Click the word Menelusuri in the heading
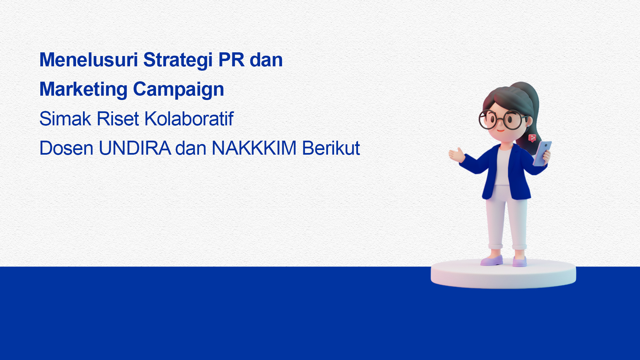[89, 60]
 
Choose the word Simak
[65, 119]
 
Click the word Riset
[118, 119]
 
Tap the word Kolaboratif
[189, 119]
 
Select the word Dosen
[66, 148]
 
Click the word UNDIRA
[135, 148]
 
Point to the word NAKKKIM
[254, 148]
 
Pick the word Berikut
[331, 148]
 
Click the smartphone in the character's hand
[542, 153]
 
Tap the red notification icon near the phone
[532, 138]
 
